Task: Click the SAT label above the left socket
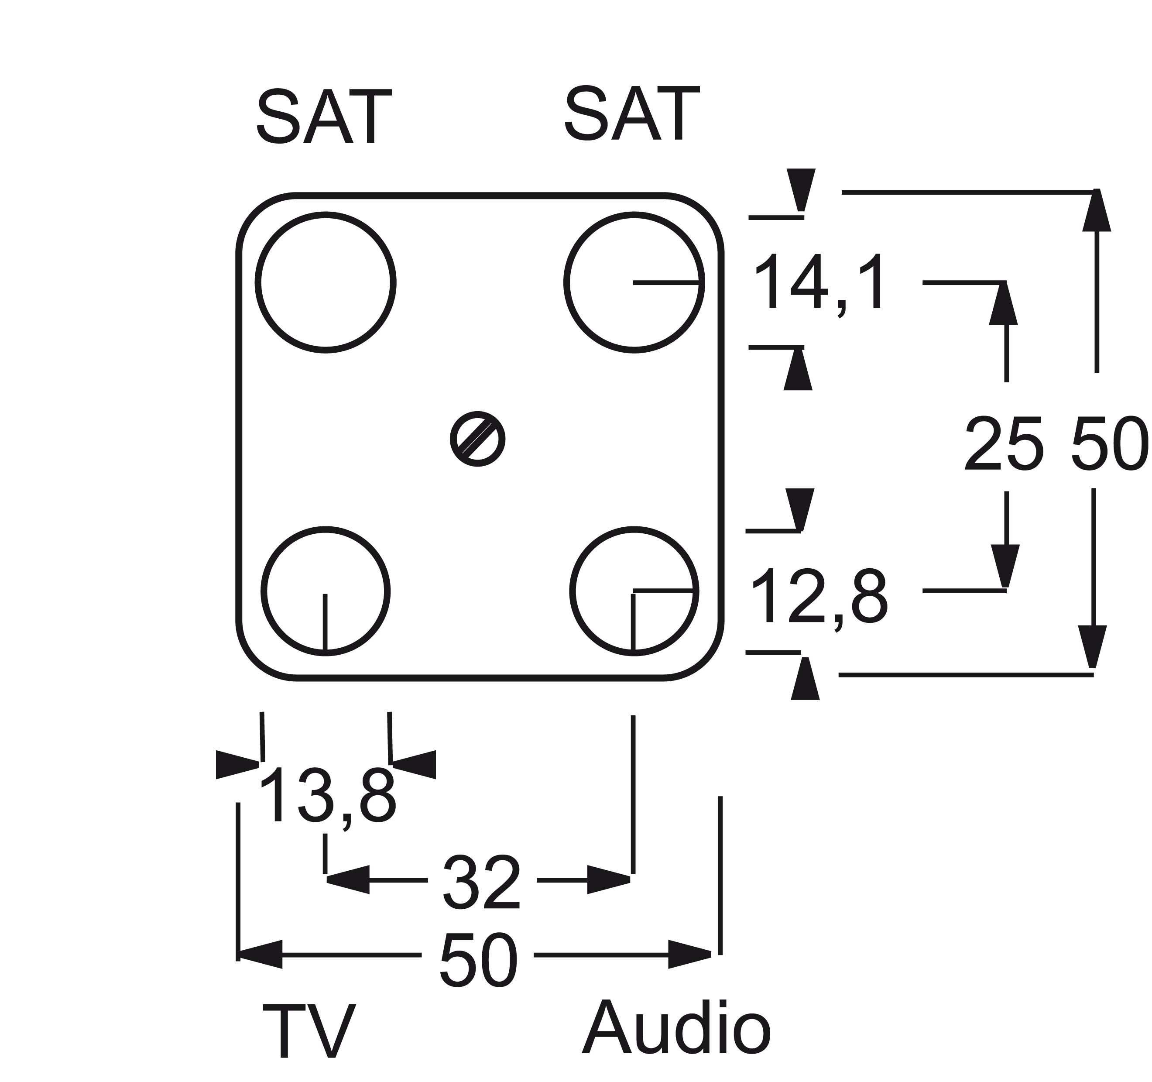pos(324,116)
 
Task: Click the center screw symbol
pos(477,439)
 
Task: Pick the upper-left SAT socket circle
pos(326,282)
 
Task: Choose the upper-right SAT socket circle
pos(634,282)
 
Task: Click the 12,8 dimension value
pos(819,598)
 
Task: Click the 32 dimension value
pos(482,882)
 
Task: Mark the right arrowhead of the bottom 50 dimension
pos(689,955)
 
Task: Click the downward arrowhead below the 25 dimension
pos(1005,566)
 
